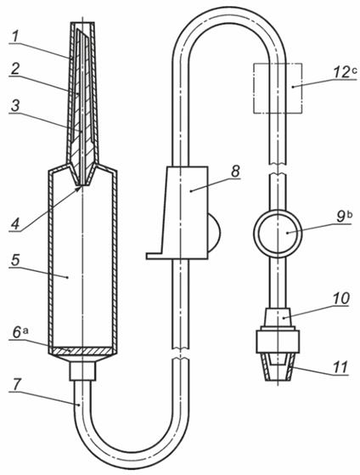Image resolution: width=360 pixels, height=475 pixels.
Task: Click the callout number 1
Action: pyautogui.click(x=15, y=37)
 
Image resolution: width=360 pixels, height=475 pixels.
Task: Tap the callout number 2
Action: pyautogui.click(x=14, y=69)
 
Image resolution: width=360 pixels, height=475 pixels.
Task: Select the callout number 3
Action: pyautogui.click(x=14, y=106)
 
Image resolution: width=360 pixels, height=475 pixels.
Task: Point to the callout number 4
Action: pyautogui.click(x=15, y=224)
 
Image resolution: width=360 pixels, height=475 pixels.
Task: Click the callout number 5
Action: pyautogui.click(x=15, y=261)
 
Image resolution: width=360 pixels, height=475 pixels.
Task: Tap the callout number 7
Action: pyautogui.click(x=16, y=385)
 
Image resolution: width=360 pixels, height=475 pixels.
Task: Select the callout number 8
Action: pyautogui.click(x=235, y=172)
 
